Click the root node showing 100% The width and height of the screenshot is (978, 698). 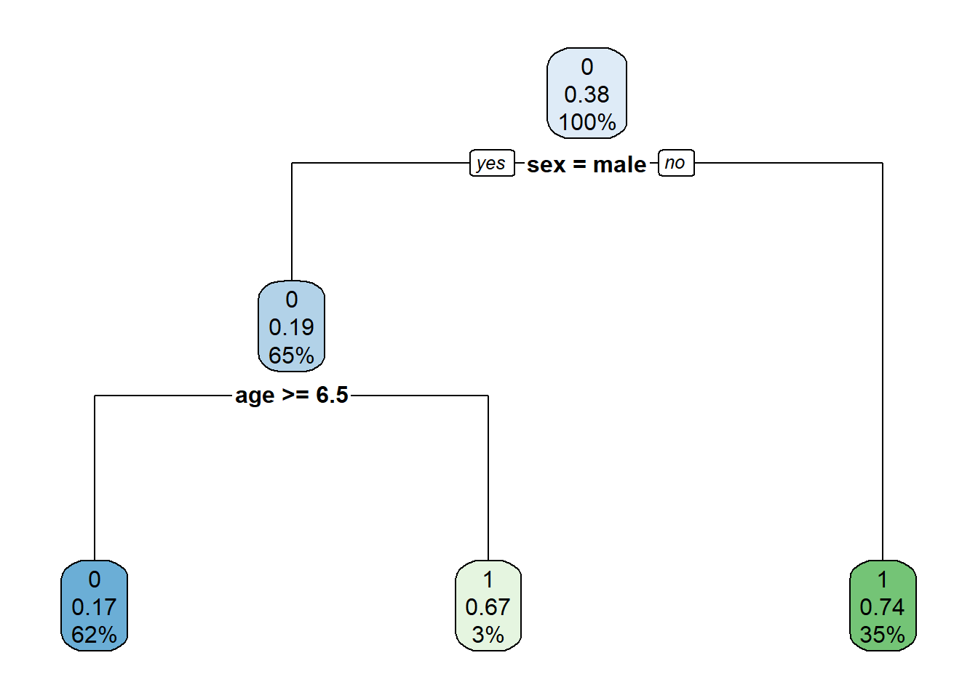[x=587, y=93]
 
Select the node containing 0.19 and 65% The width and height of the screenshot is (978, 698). [x=291, y=326]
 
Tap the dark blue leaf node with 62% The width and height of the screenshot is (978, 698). [x=95, y=606]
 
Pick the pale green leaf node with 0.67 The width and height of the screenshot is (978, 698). [x=488, y=606]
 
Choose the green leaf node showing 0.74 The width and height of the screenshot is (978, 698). [x=883, y=606]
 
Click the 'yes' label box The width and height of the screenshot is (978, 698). [x=492, y=163]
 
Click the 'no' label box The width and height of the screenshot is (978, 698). [x=676, y=163]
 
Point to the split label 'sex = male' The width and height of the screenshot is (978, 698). [x=587, y=165]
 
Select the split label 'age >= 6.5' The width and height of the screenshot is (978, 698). [x=292, y=396]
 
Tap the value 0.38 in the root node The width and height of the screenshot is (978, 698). [x=587, y=95]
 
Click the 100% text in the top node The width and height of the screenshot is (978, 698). [x=587, y=122]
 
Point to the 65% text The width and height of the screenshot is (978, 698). [x=291, y=355]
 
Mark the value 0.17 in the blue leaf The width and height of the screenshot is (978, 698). [x=94, y=607]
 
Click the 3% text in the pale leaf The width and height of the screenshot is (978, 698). [x=488, y=635]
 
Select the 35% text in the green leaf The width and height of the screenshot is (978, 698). [x=883, y=635]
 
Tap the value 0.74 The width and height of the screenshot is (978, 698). [x=883, y=607]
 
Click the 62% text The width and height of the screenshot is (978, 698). [x=94, y=635]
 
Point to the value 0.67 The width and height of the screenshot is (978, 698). [x=488, y=607]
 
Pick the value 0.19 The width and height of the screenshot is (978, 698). [x=291, y=327]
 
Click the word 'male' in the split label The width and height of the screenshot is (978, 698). [x=619, y=165]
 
